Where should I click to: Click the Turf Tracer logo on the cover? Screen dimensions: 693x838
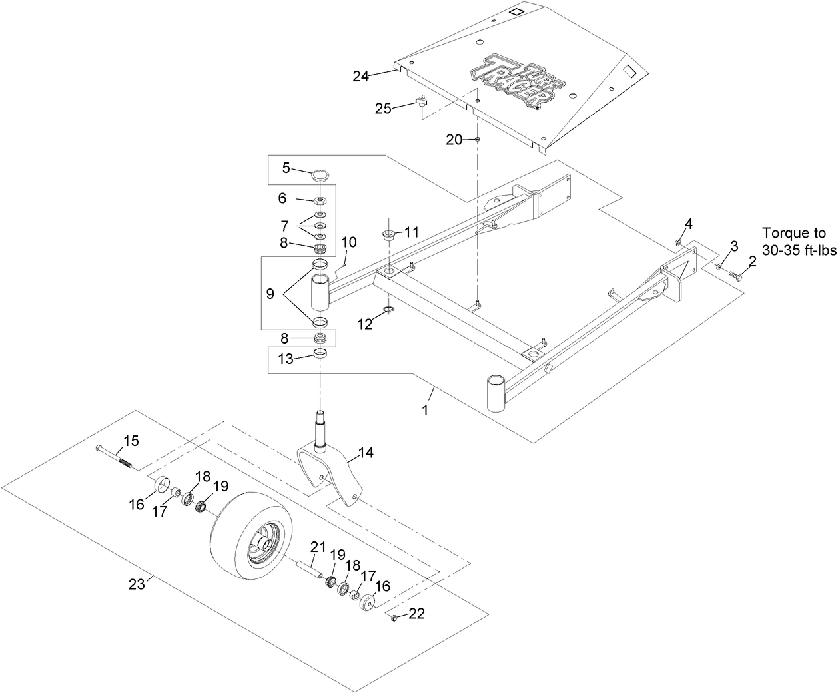[x=514, y=81]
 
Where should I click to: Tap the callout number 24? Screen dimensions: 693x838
[x=361, y=77]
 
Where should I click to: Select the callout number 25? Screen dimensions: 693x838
[x=383, y=109]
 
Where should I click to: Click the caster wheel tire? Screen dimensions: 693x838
[x=246, y=533]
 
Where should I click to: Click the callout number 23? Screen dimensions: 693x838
[x=136, y=584]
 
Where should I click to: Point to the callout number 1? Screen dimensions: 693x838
[x=425, y=411]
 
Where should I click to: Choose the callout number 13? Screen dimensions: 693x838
[x=285, y=359]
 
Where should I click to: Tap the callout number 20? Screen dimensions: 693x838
[x=454, y=139]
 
